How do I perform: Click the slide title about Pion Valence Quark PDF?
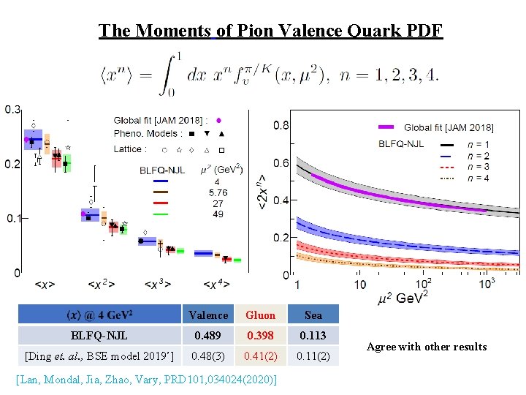point(270,31)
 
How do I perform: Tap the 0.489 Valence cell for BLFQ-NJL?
point(207,336)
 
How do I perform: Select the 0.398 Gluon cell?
point(260,336)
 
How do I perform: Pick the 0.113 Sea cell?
point(313,336)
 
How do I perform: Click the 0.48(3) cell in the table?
point(207,356)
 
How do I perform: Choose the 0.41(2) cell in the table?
point(260,356)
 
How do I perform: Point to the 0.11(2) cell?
point(313,356)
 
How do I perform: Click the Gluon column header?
point(260,315)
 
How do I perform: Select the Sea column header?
point(313,315)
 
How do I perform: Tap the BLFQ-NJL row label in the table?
point(99,336)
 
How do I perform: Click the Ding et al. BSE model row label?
point(99,356)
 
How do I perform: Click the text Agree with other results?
point(426,347)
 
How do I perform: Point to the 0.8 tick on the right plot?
point(281,125)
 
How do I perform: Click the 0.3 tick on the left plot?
point(12,110)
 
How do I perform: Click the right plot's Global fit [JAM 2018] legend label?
point(449,128)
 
